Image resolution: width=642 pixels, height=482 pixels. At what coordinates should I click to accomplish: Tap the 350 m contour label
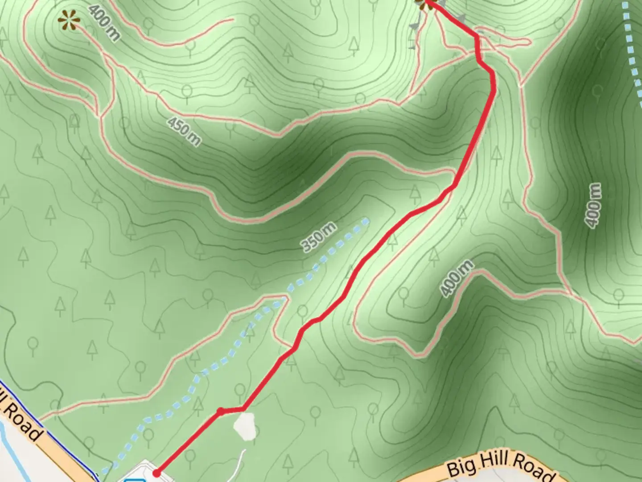point(318,237)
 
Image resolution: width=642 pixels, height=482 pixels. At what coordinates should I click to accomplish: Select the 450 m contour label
point(184,131)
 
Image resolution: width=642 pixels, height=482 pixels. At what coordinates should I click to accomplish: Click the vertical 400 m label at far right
point(594,205)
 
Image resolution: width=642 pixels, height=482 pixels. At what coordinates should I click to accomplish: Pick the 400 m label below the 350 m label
point(456,278)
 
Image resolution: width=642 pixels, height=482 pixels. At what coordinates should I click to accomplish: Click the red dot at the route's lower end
point(156,473)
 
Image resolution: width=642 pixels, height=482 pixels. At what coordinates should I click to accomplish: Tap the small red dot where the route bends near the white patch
point(220,411)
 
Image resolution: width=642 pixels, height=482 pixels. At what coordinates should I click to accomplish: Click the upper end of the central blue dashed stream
point(366,220)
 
